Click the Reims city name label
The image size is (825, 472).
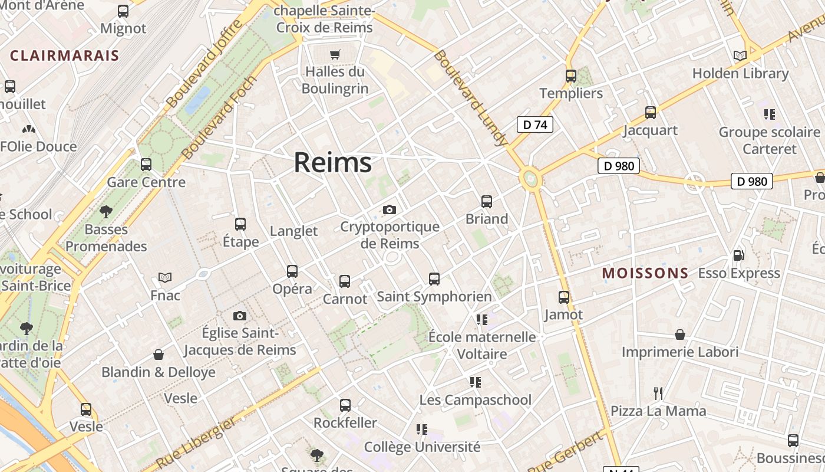pos(332,162)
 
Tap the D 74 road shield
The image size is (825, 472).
pos(535,124)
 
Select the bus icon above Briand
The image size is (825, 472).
pos(487,202)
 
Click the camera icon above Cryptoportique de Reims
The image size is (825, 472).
pos(389,209)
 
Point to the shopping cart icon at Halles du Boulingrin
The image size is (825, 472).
pos(335,55)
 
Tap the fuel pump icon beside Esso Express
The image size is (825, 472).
pos(738,255)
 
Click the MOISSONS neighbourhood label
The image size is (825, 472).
pos(645,273)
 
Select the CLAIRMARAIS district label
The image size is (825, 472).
pos(65,56)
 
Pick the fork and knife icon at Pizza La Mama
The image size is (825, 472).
pos(658,393)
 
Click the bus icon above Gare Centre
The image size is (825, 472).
pos(146,165)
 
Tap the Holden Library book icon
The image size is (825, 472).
pos(740,55)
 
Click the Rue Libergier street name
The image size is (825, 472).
pos(196,442)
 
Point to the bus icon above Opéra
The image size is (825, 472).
pos(292,271)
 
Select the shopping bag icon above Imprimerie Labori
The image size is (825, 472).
pos(680,335)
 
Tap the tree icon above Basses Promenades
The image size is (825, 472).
pos(106,211)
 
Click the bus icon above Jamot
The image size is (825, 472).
pos(564,297)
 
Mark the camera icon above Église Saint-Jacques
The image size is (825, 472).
pos(239,316)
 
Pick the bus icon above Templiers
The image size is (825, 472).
pos(570,76)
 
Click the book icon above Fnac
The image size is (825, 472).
pos(165,277)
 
